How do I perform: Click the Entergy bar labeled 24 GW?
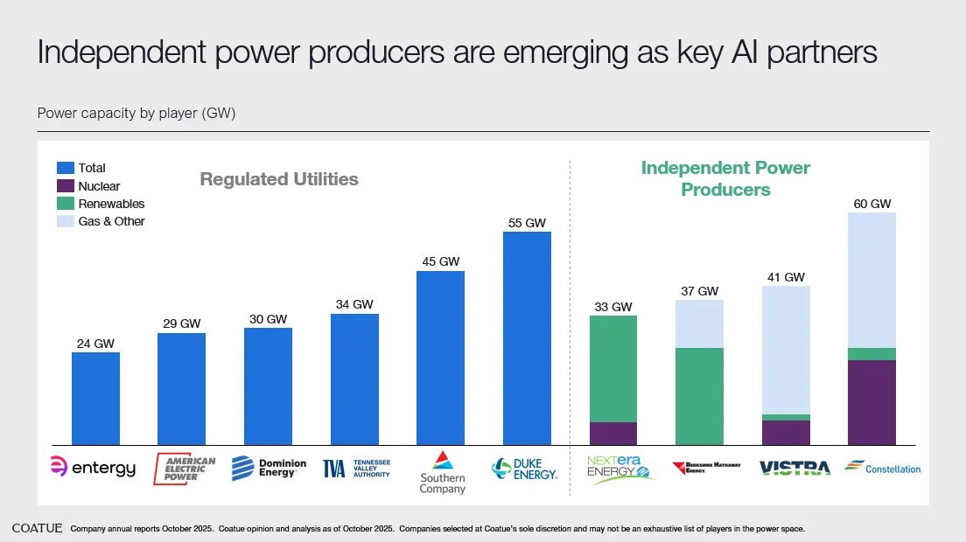click(x=95, y=399)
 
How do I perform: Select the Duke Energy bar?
click(x=527, y=338)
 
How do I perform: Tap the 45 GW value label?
click(x=440, y=261)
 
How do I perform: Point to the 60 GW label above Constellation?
click(x=871, y=204)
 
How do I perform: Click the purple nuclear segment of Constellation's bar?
click(x=871, y=402)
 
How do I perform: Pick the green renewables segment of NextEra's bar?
click(x=612, y=369)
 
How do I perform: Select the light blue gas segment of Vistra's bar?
click(x=786, y=350)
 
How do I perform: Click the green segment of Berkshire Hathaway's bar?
click(x=699, y=396)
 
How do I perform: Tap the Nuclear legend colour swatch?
click(x=66, y=186)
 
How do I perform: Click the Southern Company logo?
click(x=442, y=472)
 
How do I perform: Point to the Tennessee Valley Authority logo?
click(x=356, y=469)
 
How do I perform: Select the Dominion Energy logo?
click(x=269, y=469)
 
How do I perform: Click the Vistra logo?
click(x=794, y=469)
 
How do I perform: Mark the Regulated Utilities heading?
click(x=279, y=179)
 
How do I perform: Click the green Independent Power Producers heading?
click(x=725, y=178)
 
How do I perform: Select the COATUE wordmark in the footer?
click(x=37, y=528)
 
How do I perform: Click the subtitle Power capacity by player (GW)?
click(x=136, y=114)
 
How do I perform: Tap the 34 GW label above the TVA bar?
click(x=354, y=304)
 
